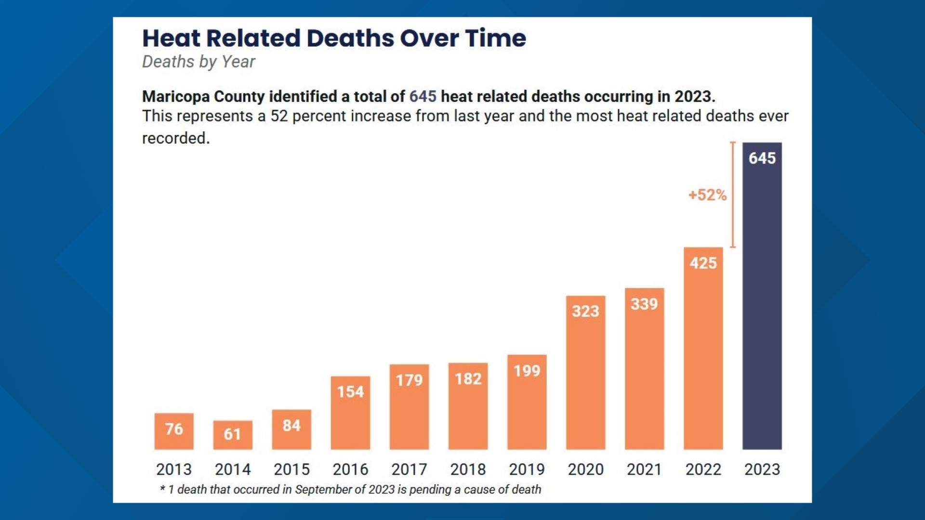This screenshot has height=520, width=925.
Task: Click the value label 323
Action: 585,311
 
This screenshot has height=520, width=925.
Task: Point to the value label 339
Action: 644,304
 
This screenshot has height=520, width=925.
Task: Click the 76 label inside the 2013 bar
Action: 174,429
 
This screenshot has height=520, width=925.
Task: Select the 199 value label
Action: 527,371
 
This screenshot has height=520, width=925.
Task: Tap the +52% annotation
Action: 707,195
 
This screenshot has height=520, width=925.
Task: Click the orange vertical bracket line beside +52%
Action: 733,195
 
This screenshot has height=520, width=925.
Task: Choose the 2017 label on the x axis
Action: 409,469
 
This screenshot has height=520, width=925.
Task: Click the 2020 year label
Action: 585,469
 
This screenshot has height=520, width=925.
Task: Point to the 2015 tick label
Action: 291,469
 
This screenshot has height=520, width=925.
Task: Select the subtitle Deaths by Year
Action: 198,62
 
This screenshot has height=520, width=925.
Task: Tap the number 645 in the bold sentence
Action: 423,96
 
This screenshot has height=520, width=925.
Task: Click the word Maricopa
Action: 176,97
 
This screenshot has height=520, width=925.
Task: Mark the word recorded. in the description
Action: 176,138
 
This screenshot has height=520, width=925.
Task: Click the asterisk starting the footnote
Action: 163,488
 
